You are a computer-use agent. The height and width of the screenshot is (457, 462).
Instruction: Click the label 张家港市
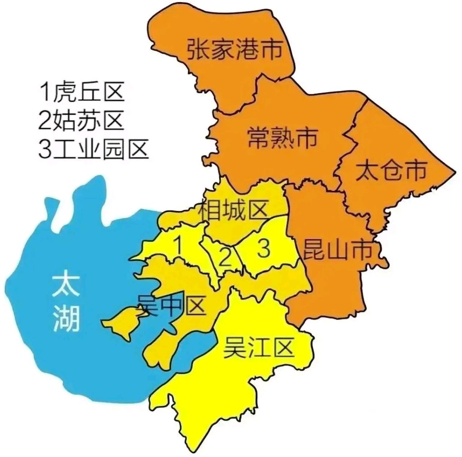pyautogui.click(x=234, y=50)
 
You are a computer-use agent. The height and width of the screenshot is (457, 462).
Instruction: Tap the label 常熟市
pyautogui.click(x=282, y=137)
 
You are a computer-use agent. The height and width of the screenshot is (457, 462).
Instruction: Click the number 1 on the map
pyautogui.click(x=178, y=245)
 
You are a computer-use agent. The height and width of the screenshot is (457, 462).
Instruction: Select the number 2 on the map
pyautogui.click(x=225, y=257)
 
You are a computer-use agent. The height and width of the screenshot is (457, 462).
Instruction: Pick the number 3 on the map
pyautogui.click(x=264, y=248)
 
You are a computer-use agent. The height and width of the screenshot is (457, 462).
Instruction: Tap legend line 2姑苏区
pyautogui.click(x=81, y=120)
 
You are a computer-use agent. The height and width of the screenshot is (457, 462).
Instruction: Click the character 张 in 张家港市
pyautogui.click(x=198, y=50)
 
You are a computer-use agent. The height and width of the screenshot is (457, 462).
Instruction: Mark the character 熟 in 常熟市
pyautogui.click(x=282, y=137)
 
